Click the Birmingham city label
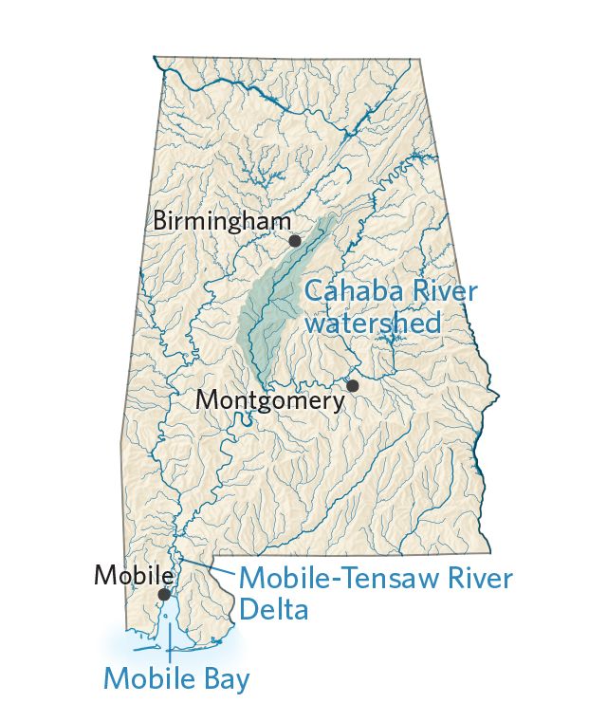pos(222,221)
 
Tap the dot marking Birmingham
pos(295,241)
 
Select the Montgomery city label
pos(269,400)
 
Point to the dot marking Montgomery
pos(353,385)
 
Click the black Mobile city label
pos(133,575)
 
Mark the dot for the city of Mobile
pos(164,595)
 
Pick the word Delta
pos(273,608)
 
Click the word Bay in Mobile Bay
pos(228,678)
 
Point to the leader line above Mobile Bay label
pos(169,649)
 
